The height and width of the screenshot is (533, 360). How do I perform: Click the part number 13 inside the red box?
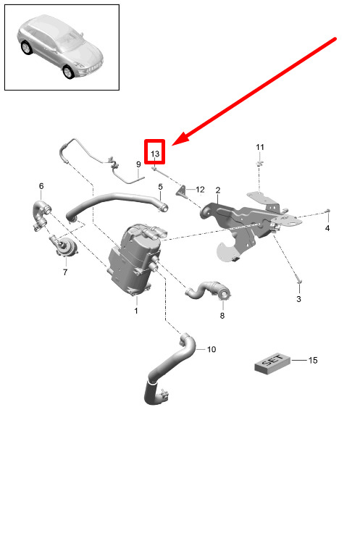point(155,154)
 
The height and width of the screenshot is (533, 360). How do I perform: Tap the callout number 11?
point(260,147)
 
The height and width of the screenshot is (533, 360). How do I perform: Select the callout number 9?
point(138,164)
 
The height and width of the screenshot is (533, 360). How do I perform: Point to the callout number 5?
point(161,187)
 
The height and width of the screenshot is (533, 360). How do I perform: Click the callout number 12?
point(200,189)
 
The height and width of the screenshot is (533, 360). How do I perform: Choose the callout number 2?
point(218,190)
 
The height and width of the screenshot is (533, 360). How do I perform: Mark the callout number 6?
point(41,186)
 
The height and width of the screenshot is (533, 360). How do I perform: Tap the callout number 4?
point(327,228)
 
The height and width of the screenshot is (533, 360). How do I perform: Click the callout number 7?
point(65,272)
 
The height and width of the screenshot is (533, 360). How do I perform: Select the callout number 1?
point(136,311)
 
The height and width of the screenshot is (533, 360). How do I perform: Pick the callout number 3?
point(298,299)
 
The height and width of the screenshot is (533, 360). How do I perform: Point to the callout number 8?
point(222,316)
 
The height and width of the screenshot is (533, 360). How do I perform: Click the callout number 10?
point(212,350)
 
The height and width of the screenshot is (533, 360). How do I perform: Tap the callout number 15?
point(313,360)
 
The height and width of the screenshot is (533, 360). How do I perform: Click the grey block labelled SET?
point(272,364)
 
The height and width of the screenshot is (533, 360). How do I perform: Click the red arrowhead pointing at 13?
point(180,139)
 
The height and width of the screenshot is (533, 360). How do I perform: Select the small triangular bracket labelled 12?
point(181,191)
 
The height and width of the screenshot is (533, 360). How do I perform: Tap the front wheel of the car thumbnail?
point(68,72)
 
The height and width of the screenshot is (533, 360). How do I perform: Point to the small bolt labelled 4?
point(327,211)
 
